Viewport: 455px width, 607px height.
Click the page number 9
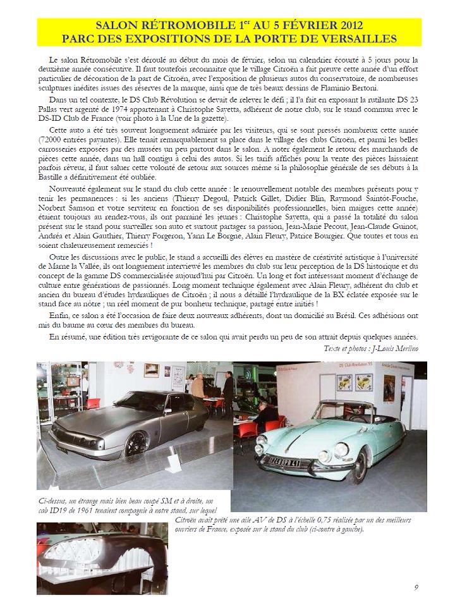[416, 587]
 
